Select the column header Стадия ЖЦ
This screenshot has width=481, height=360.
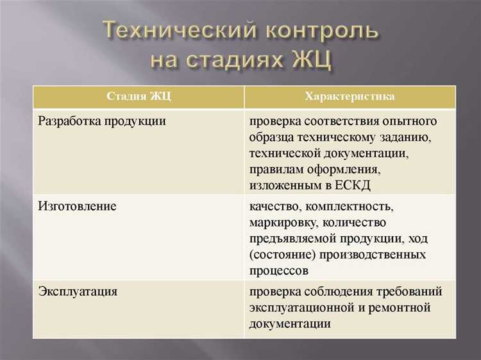coord(138,97)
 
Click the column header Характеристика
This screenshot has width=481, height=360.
coord(350,97)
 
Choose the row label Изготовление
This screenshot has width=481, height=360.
coord(77,207)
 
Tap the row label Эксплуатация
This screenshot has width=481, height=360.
coord(78,291)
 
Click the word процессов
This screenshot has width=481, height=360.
coord(279,271)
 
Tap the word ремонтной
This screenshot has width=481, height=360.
coord(399,307)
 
